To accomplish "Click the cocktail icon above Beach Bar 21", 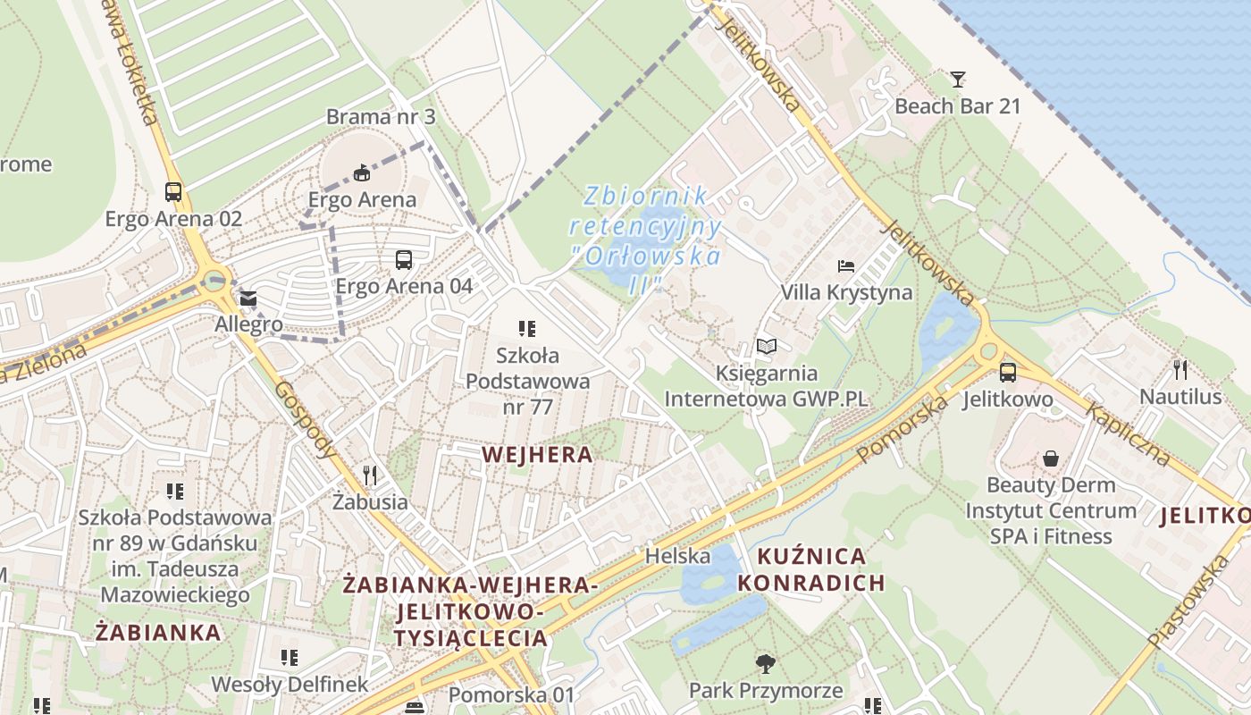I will (x=958, y=80).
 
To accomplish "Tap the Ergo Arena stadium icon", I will (x=362, y=172).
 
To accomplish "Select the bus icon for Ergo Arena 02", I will (x=173, y=192).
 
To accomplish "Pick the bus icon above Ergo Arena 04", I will (x=404, y=260).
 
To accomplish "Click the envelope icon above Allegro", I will (x=248, y=299).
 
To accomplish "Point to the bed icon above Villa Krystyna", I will (x=846, y=266).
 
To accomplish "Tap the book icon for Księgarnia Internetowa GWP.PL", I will (x=767, y=346).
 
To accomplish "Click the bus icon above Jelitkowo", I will (x=1008, y=373).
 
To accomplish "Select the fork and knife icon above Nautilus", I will (x=1180, y=369).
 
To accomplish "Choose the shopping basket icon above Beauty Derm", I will (x=1051, y=458).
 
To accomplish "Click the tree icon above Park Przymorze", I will (x=766, y=664).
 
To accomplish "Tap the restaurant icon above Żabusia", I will (x=370, y=475).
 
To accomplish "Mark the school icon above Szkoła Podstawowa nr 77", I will (x=527, y=329).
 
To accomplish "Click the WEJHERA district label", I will (x=537, y=454).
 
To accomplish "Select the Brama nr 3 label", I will (x=381, y=116).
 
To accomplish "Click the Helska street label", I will (x=678, y=556).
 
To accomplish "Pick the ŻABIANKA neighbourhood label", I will (x=158, y=633).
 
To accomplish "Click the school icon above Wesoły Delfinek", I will (x=290, y=659).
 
